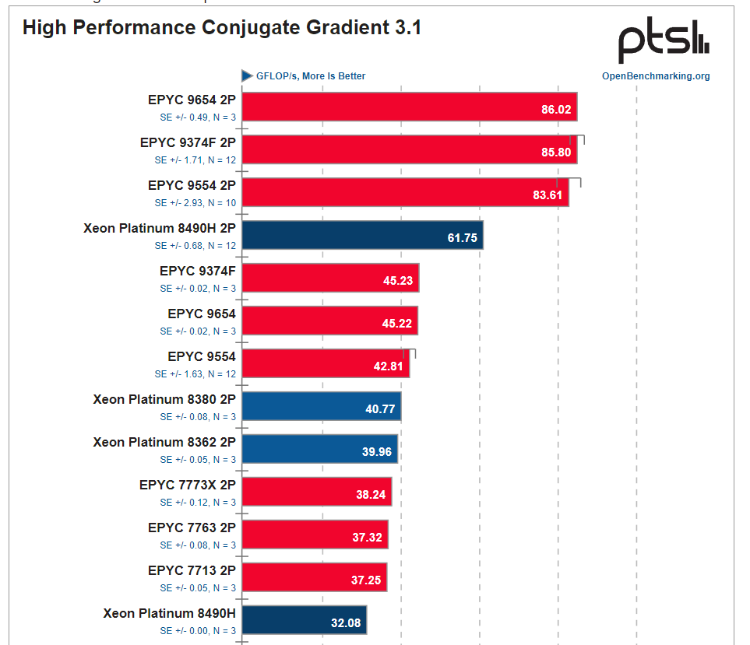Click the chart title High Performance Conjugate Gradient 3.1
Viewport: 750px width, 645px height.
pyautogui.click(x=222, y=28)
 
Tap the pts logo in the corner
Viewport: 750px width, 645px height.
pyautogui.click(x=664, y=44)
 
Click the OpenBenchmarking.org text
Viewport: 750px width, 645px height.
pyautogui.click(x=656, y=76)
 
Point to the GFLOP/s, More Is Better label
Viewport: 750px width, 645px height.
pyautogui.click(x=311, y=76)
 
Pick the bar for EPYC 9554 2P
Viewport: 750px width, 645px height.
pyautogui.click(x=405, y=193)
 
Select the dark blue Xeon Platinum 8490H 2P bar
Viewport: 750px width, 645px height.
pyautogui.click(x=362, y=236)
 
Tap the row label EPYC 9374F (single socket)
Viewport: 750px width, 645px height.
pyautogui.click(x=197, y=272)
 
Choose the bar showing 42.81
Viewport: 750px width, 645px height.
pyautogui.click(x=326, y=364)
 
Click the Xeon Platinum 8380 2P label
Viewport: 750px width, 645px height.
pyautogui.click(x=164, y=400)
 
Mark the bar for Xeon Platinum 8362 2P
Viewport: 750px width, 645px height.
pyautogui.click(x=319, y=450)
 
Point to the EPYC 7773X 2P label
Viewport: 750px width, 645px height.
pyautogui.click(x=187, y=486)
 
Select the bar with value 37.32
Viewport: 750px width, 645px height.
pyautogui.click(x=315, y=535)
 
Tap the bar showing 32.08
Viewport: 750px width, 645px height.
pyautogui.click(x=304, y=621)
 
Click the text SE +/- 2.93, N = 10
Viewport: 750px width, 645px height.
pyautogui.click(x=195, y=203)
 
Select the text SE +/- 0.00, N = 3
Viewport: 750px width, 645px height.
pyautogui.click(x=198, y=631)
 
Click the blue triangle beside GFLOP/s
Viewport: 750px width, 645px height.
pyautogui.click(x=247, y=75)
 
